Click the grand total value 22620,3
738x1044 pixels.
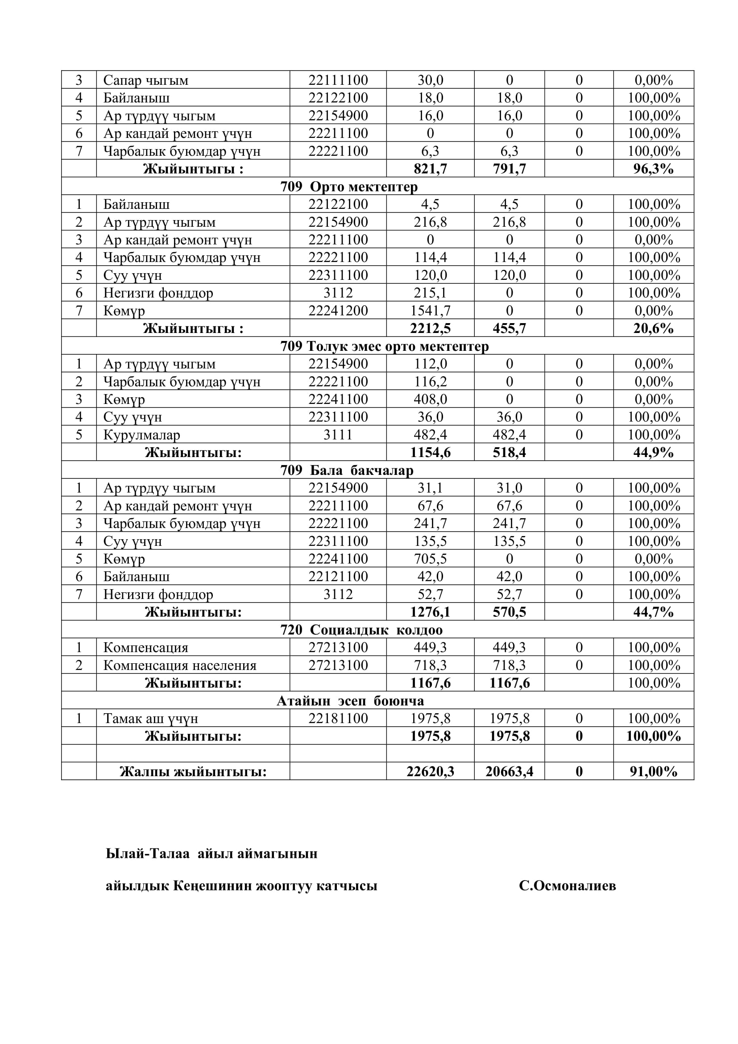430,772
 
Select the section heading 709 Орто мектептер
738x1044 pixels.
348,187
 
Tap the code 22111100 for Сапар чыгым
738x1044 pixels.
338,80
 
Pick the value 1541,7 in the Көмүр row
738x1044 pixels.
430,311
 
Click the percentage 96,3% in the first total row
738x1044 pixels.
653,169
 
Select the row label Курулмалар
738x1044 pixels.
141,435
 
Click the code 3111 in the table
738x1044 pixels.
338,435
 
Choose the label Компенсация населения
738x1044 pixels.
179,665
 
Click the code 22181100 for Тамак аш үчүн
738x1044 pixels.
338,719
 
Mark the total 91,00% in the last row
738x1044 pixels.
653,772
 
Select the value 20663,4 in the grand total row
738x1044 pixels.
509,772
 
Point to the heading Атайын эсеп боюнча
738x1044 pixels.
350,701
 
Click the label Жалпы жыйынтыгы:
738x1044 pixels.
193,772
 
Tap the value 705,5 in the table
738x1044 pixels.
430,559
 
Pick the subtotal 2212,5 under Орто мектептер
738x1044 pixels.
430,329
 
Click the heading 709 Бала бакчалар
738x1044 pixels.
347,470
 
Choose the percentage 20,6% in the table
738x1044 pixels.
653,329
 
